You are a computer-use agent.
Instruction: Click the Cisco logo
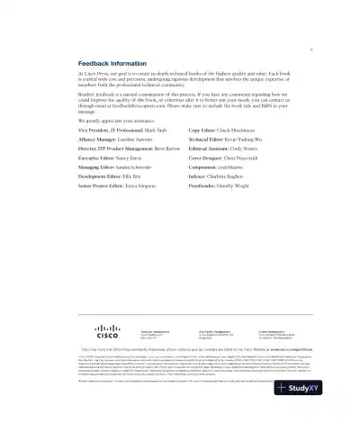pos(107,331)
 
